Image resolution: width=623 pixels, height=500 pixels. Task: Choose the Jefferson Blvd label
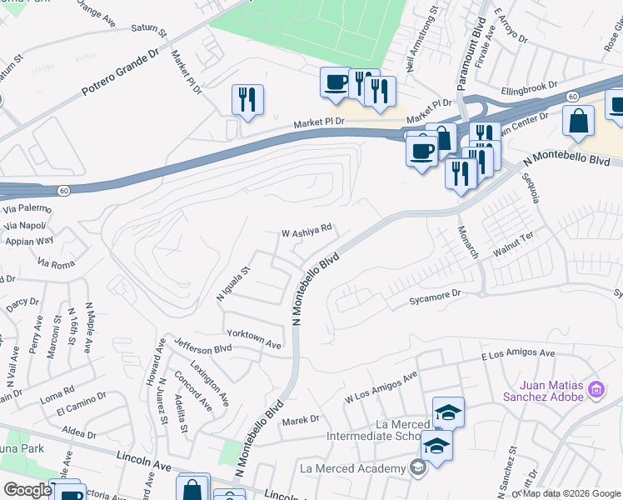pos(202,344)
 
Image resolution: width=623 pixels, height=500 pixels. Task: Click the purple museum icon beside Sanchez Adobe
pos(596,389)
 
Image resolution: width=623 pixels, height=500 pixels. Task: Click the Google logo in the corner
pos(27,490)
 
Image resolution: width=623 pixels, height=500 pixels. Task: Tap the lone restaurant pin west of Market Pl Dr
pos(247,99)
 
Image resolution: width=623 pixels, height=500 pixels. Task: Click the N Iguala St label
pos(232,284)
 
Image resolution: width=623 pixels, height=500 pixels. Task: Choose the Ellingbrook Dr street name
pos(529,87)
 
